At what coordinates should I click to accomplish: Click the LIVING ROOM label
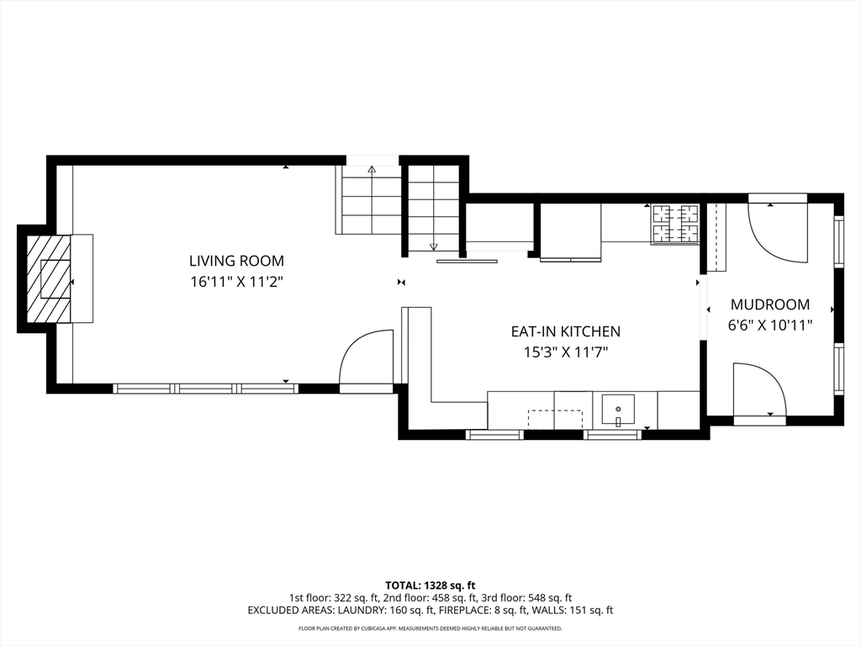(x=236, y=261)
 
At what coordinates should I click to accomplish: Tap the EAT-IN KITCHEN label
(x=566, y=331)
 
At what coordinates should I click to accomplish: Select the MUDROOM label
(x=770, y=304)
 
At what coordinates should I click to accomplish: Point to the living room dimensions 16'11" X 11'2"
(x=236, y=283)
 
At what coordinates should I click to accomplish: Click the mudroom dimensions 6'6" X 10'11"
(x=770, y=326)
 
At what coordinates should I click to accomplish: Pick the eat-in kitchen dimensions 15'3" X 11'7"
(x=566, y=352)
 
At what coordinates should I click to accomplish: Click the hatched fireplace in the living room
(x=49, y=279)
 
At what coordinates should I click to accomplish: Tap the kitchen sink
(x=618, y=410)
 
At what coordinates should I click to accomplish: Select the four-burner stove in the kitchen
(x=675, y=224)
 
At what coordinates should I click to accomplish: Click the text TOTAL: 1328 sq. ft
(x=430, y=585)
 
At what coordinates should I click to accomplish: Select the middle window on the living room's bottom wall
(x=205, y=389)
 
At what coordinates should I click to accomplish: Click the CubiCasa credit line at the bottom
(x=430, y=628)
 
